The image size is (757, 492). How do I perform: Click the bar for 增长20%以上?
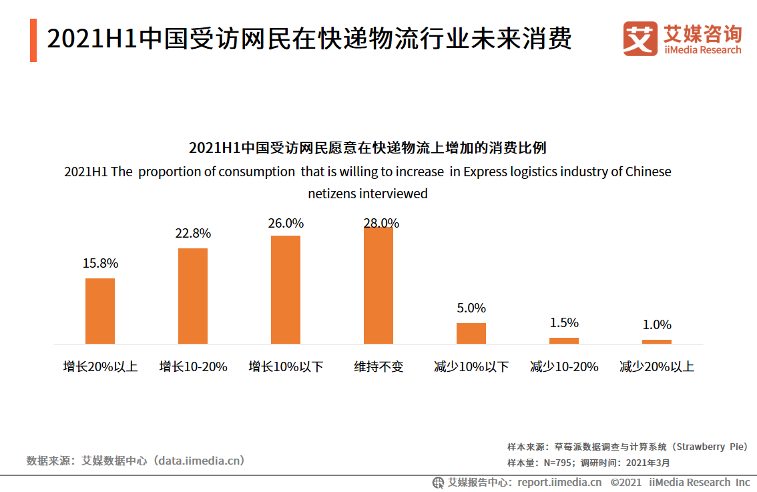point(100,310)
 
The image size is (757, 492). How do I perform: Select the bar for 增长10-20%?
point(193,296)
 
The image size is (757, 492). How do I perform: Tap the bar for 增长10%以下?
point(286,289)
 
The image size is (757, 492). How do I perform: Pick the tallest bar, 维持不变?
point(378,285)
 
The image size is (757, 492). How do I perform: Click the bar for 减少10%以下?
point(471,333)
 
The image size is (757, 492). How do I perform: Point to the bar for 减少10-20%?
point(564,340)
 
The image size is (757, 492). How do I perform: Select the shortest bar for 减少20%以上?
point(657,341)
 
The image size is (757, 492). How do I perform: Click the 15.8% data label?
point(100,264)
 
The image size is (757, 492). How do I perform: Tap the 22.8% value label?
point(193,234)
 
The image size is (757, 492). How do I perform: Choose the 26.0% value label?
point(286,223)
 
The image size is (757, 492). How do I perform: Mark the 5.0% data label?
point(471,308)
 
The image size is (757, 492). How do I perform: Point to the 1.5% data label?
point(564,323)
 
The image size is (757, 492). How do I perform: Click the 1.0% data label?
point(657,325)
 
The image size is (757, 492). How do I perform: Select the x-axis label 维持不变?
point(378,367)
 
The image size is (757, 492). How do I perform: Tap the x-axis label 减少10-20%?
point(564,367)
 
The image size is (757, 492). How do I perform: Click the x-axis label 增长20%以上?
point(100,367)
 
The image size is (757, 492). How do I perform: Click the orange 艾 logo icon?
point(640,39)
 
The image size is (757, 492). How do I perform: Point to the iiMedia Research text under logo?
point(702,50)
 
